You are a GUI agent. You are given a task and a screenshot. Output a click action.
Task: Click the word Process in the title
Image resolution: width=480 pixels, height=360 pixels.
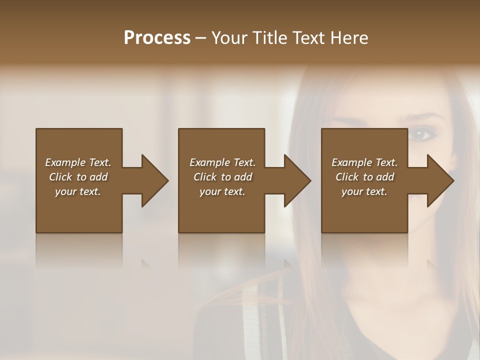coord(157,38)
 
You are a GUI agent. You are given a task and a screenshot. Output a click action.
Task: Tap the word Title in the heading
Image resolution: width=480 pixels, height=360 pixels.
coord(268,38)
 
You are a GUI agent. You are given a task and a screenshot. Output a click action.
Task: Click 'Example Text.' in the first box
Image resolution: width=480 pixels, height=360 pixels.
coord(78,162)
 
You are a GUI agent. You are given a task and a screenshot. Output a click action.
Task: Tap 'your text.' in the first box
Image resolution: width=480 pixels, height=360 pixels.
coord(78,191)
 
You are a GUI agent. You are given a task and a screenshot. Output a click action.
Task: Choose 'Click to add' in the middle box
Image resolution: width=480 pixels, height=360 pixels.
coord(222,177)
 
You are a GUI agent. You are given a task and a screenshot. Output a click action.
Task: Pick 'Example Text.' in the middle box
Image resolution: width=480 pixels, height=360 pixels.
coord(222,162)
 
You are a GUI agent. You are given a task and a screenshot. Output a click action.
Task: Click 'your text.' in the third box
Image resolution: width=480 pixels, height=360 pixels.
coord(364,191)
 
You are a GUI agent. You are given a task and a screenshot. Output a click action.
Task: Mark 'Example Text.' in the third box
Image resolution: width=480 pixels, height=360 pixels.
coord(364,162)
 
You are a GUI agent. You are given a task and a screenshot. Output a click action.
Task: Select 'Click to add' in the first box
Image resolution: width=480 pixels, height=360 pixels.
coord(78,177)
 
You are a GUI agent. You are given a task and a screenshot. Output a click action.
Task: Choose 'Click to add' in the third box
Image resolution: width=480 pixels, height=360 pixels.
coord(364,177)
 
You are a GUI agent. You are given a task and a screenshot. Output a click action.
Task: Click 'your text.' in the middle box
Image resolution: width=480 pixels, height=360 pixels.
coord(222,191)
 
